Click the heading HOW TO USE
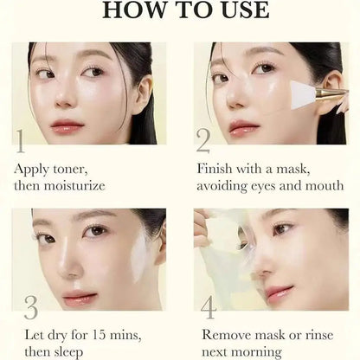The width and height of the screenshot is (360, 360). point(180,13)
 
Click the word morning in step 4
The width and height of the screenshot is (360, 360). point(256,351)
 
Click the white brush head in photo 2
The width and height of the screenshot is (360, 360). point(305,92)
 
